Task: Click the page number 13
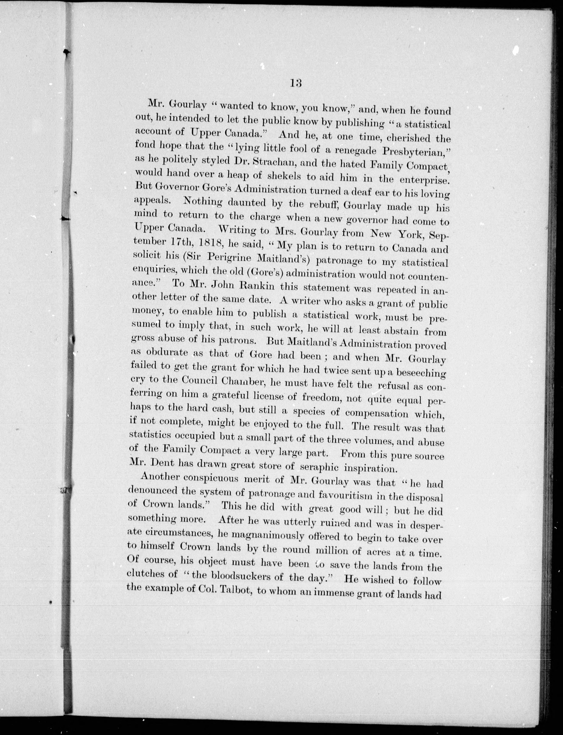click(296, 83)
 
